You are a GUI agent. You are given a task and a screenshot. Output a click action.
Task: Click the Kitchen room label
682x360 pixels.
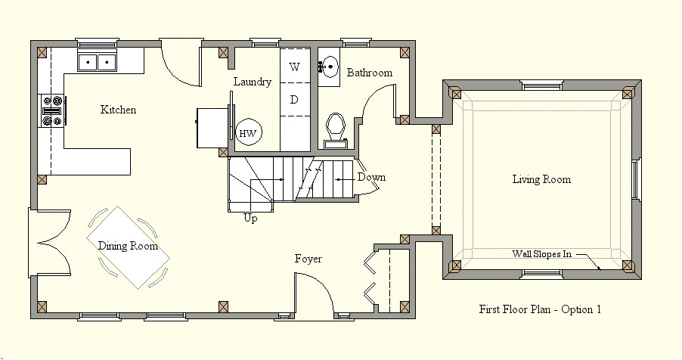click(119, 110)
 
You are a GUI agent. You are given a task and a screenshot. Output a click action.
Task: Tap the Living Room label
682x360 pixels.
click(541, 180)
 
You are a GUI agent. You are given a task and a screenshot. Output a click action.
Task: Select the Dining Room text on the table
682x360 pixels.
click(128, 246)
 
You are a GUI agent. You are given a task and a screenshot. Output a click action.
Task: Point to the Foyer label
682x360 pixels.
click(308, 259)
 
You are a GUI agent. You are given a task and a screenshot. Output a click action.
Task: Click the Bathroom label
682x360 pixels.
click(370, 73)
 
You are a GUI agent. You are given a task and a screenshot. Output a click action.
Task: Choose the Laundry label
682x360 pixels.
click(252, 82)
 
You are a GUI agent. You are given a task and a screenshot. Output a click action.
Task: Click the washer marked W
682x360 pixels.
click(295, 67)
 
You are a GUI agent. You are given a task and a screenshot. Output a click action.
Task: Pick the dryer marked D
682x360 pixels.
click(295, 100)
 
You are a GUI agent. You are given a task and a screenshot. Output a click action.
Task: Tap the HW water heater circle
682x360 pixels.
click(247, 134)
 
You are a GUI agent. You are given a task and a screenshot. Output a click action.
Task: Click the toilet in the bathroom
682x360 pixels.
click(335, 128)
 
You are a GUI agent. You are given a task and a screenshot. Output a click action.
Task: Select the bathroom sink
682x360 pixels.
click(328, 67)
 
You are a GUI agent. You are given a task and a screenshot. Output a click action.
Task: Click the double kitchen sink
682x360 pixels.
click(98, 61)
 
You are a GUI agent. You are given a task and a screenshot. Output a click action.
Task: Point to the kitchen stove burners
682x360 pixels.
click(52, 110)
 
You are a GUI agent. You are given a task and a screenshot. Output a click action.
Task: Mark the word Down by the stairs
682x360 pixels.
click(371, 178)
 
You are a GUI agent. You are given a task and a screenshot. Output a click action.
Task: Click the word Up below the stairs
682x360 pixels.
click(250, 218)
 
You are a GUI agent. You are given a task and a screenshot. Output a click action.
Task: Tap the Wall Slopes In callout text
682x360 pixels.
click(541, 254)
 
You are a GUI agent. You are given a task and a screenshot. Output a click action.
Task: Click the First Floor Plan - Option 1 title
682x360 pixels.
click(540, 309)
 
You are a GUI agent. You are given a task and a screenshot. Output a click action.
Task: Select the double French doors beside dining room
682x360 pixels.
click(50, 244)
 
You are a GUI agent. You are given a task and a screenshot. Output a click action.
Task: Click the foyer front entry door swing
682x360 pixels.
click(312, 293)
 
